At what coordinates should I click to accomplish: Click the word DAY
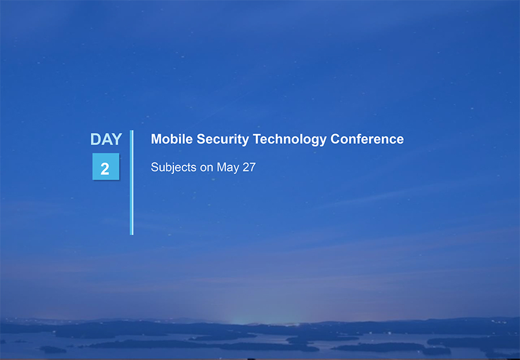click(106, 139)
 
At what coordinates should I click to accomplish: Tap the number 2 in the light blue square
click(105, 169)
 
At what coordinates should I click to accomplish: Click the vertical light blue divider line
click(132, 183)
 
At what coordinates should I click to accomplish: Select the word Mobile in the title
click(172, 139)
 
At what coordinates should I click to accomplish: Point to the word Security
click(222, 140)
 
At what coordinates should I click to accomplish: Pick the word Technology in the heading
click(289, 140)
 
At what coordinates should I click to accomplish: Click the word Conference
click(367, 139)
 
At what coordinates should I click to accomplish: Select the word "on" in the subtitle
click(206, 168)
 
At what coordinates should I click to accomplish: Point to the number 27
click(249, 167)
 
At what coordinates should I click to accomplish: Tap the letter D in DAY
click(95, 139)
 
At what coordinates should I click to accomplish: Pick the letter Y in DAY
click(117, 139)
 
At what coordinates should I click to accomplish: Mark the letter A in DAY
click(106, 139)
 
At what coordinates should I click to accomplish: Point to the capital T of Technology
click(257, 139)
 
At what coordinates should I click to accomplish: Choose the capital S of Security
click(201, 139)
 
